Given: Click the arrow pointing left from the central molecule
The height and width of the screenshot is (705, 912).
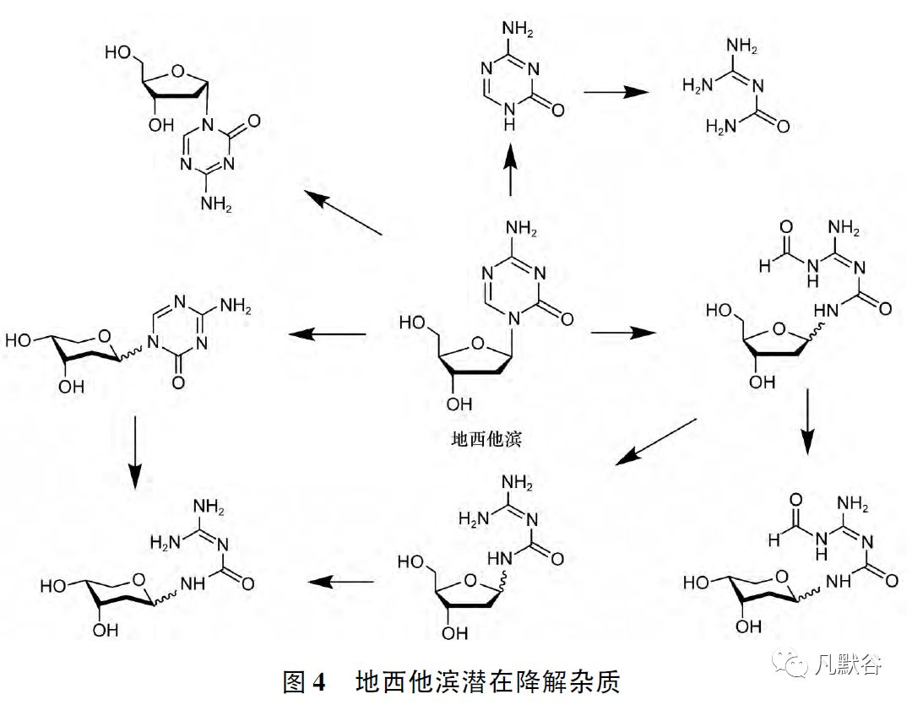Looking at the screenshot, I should [x=328, y=335].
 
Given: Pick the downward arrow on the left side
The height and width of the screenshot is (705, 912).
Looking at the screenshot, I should [x=135, y=451].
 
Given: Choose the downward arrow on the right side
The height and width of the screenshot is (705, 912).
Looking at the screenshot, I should [x=808, y=421].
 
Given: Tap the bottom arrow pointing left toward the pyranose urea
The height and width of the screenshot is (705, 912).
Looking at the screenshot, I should [x=341, y=581].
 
